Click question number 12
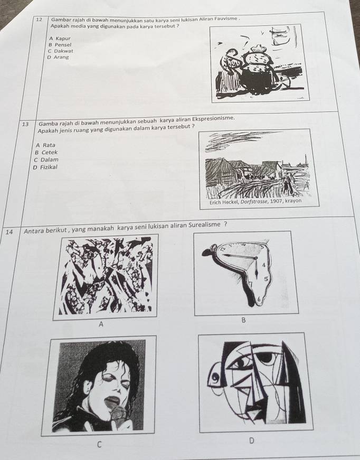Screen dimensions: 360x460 pyautogui.click(x=39, y=20)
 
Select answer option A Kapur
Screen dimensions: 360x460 pyautogui.click(x=60, y=38)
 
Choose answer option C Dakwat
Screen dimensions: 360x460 pyautogui.click(x=61, y=51)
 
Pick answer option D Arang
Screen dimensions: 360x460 pyautogui.click(x=58, y=57)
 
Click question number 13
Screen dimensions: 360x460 pyautogui.click(x=25, y=124)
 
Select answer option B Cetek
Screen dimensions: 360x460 pyautogui.click(x=46, y=152)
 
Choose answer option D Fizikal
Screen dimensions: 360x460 pyautogui.click(x=45, y=167)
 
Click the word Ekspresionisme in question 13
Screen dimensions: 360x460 pyautogui.click(x=213, y=118)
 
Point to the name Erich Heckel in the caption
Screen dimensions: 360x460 pyautogui.click(x=224, y=202)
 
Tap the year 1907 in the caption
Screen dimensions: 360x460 pyautogui.click(x=276, y=202)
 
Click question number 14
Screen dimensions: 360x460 pyautogui.click(x=10, y=232)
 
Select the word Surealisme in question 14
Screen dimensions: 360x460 pyautogui.click(x=204, y=225)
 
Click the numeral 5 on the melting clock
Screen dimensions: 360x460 pyautogui.click(x=266, y=279)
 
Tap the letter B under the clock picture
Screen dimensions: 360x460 pyautogui.click(x=243, y=321)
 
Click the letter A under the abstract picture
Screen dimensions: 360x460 pyautogui.click(x=101, y=324)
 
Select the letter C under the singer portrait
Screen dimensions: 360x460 pyautogui.click(x=99, y=445)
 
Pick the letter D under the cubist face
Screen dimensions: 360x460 pyautogui.click(x=251, y=440)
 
